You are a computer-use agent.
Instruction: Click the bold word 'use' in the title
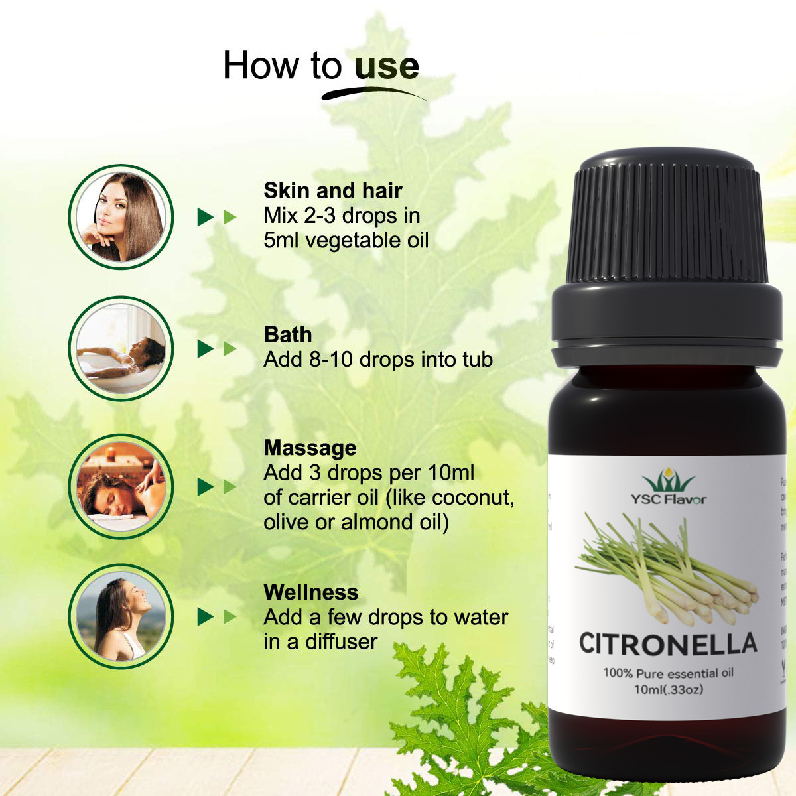[386, 66]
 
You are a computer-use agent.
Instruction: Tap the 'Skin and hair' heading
[332, 191]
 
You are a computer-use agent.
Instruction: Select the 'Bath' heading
[287, 334]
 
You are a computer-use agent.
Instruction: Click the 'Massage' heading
[310, 448]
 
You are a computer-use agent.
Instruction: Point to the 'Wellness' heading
[310, 592]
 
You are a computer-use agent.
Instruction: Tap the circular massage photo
[121, 486]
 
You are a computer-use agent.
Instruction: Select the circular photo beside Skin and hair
[121, 217]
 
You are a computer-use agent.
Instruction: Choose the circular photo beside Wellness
[121, 617]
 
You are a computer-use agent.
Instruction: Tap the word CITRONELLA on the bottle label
[667, 643]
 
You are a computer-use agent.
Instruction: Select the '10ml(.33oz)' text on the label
[668, 689]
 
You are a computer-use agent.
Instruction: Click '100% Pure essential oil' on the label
[668, 673]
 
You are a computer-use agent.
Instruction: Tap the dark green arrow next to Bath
[206, 349]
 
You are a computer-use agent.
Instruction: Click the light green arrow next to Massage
[230, 487]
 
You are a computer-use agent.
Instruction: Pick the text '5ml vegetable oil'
[346, 240]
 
